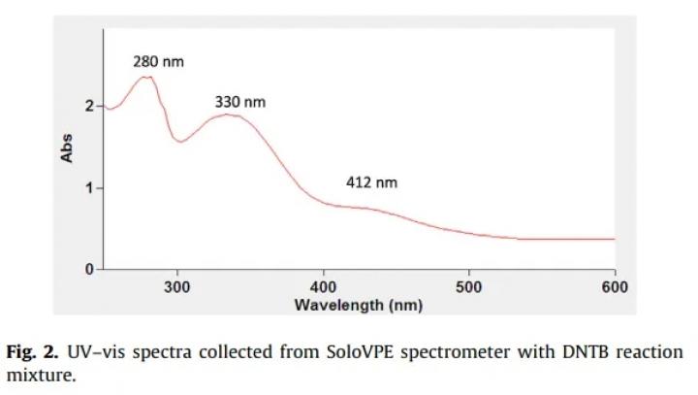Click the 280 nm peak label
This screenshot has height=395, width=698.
coord(158,62)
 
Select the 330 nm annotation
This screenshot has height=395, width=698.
coord(239,102)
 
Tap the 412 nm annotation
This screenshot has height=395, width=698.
coord(372,181)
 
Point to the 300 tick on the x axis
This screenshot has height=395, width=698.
coord(176,287)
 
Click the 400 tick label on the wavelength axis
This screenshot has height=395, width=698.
coord(323,287)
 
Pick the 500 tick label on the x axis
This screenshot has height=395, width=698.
coord(468,287)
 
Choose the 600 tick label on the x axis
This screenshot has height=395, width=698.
coord(615,287)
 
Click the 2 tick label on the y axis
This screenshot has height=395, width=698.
coord(88,106)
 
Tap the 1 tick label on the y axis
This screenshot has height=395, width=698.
coord(88,187)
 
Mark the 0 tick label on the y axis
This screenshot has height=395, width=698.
coord(88,269)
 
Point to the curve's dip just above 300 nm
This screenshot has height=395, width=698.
coord(180,142)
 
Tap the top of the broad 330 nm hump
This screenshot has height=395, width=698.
coord(227,115)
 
